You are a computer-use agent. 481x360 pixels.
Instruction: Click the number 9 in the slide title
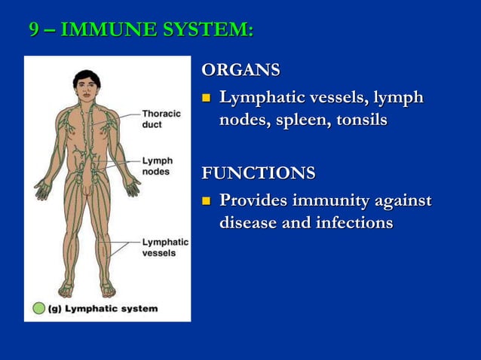pyautogui.click(x=34, y=30)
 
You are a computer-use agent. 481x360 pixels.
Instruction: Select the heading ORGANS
pyautogui.click(x=240, y=71)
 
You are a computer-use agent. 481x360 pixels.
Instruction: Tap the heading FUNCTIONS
pyautogui.click(x=258, y=174)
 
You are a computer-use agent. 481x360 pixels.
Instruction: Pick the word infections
pyautogui.click(x=353, y=224)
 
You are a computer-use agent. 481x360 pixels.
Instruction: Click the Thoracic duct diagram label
pyautogui.click(x=161, y=119)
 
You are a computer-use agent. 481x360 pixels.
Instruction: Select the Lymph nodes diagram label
pyautogui.click(x=158, y=166)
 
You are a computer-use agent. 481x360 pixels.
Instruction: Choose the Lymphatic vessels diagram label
pyautogui.click(x=165, y=247)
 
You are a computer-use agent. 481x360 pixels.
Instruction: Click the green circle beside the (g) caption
pyautogui.click(x=38, y=308)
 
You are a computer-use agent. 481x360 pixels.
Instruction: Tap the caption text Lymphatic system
pyautogui.click(x=112, y=308)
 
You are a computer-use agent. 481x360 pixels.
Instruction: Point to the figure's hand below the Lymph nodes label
pyautogui.click(x=133, y=186)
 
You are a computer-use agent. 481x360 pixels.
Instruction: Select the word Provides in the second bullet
pyautogui.click(x=253, y=201)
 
